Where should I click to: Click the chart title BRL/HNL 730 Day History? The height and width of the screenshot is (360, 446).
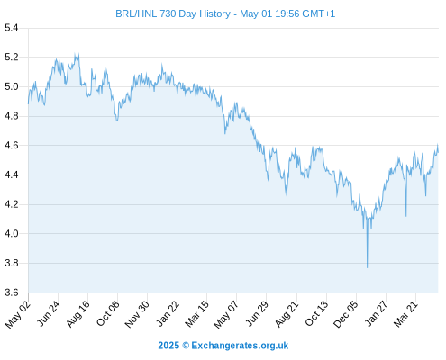173,13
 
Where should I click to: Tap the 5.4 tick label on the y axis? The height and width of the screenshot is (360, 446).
12,28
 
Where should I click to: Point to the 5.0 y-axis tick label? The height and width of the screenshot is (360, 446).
12,87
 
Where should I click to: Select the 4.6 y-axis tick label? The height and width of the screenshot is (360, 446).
12,146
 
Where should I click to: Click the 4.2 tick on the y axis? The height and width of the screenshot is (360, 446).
12,204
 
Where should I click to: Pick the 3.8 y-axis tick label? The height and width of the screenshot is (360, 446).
12,263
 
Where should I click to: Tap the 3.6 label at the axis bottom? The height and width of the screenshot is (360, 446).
12,292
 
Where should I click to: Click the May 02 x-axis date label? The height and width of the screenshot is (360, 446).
18,314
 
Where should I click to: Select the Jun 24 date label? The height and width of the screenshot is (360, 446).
49,313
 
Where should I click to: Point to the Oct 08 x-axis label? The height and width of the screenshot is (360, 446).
108,313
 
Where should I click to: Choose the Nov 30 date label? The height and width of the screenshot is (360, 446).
137,314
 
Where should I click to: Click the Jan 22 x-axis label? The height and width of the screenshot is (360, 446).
168,313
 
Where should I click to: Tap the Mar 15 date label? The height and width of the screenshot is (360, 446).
196,313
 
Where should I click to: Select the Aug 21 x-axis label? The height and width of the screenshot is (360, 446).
287,313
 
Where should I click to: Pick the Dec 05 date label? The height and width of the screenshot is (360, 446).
346,314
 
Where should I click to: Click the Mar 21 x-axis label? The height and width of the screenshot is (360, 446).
405,313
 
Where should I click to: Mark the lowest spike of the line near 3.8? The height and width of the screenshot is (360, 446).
367,267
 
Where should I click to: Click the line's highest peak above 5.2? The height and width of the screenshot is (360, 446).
75,54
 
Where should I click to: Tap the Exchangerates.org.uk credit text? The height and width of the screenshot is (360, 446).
240,346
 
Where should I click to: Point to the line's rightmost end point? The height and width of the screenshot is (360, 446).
438,152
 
